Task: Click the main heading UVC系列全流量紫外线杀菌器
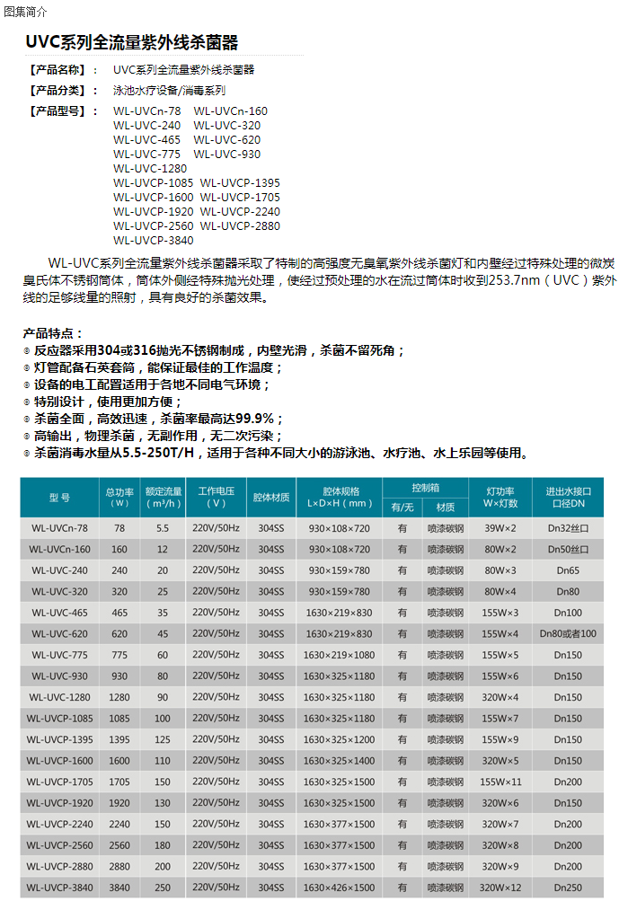131,42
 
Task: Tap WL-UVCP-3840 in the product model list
153,240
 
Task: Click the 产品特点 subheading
52,333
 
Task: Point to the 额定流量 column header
164,497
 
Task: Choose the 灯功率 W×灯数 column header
500,497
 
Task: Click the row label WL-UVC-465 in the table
59,613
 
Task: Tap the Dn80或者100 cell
568,634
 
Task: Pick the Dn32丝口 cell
568,528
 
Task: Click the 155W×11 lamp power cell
500,782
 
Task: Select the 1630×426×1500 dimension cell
339,888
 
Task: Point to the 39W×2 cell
500,528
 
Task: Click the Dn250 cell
568,888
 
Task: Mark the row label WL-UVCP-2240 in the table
59,824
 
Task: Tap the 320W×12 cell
500,888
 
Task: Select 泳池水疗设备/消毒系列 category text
169,91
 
